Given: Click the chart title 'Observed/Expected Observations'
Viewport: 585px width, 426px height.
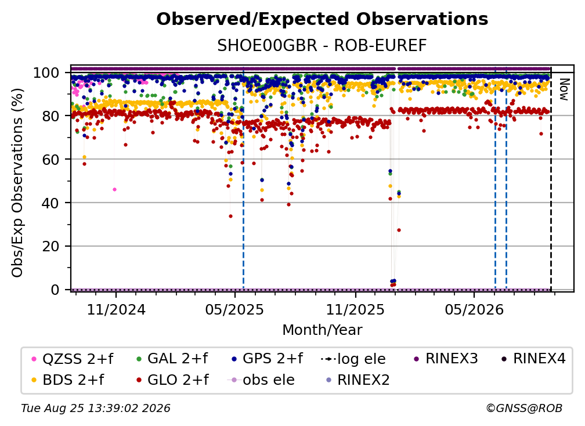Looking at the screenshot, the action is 322,19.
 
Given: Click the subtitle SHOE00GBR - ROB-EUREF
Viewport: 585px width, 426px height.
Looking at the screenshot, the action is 322,45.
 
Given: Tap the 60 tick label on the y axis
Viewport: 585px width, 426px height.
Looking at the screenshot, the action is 50,159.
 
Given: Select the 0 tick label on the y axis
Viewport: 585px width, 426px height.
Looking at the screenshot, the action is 55,290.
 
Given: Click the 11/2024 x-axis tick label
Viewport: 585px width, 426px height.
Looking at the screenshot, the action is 116,309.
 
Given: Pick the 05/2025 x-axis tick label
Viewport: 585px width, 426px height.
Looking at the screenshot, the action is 234,309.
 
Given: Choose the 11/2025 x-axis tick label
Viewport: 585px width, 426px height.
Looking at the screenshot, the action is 355,309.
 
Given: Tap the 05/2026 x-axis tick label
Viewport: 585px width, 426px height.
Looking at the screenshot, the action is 474,309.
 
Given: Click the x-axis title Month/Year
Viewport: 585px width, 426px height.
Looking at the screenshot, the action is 322,330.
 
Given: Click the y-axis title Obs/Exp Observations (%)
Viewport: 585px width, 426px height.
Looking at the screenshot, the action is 17,183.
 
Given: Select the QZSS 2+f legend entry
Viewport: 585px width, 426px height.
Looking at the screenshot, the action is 73,359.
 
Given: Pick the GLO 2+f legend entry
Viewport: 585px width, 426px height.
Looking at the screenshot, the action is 172,380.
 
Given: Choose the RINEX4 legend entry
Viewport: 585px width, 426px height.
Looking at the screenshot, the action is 533,359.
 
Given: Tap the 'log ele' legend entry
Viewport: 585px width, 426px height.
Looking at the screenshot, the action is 353,359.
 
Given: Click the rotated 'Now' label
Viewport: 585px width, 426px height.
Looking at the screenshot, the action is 564,89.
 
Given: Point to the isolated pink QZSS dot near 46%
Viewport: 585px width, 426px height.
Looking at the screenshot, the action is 114,190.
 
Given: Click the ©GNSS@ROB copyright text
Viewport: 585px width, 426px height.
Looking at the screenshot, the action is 524,408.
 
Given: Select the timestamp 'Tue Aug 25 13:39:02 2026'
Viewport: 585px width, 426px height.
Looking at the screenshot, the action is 96,408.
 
